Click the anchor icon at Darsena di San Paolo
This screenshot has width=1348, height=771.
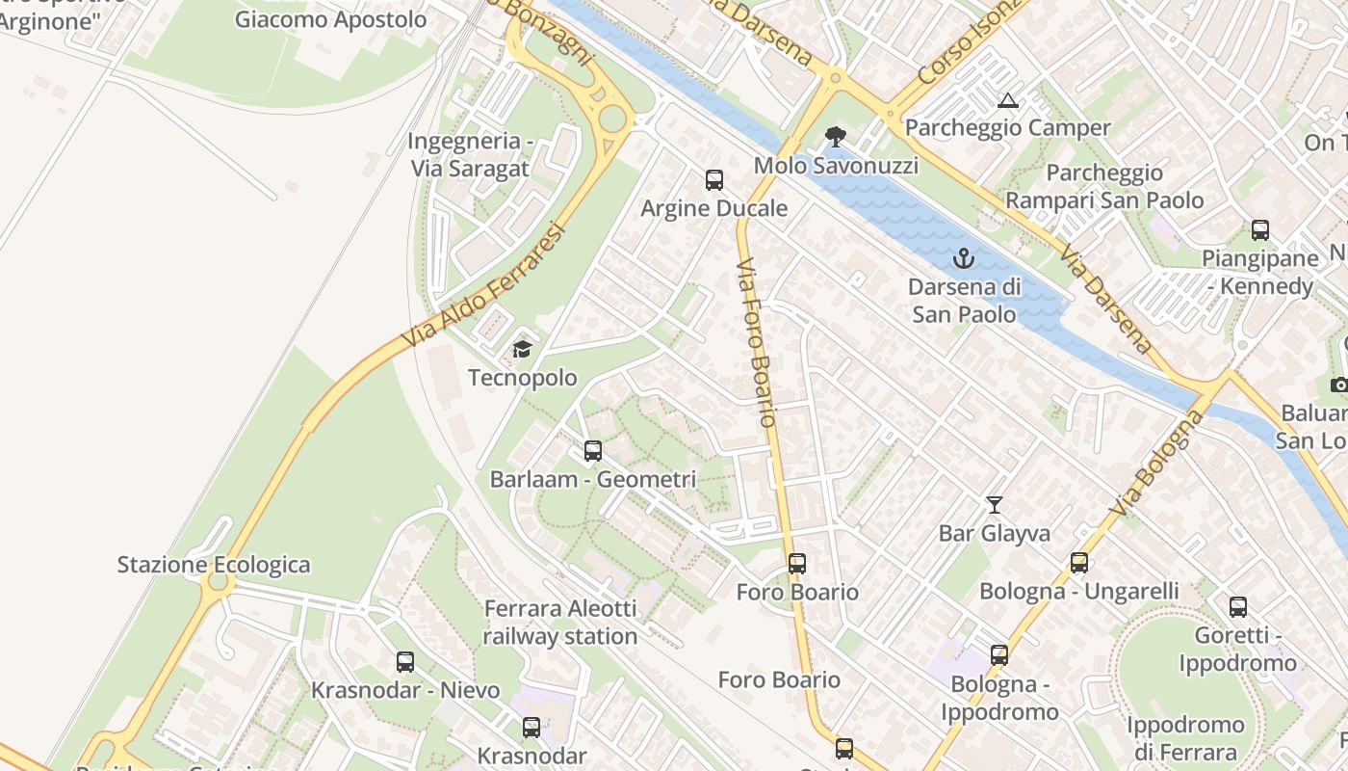coord(963,258)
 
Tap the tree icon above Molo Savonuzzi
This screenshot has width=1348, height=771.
coord(835,137)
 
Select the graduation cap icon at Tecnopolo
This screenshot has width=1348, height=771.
coord(522,349)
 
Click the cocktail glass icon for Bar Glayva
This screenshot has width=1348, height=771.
coord(994,504)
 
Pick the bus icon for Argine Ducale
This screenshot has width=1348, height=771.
coord(713,179)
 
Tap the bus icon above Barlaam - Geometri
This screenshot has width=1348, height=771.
coord(592,450)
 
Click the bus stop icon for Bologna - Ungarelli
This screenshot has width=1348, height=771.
coord(1078,562)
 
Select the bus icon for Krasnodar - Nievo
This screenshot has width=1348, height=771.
coord(404,661)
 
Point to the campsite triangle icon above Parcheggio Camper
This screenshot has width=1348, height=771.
coord(1007,99)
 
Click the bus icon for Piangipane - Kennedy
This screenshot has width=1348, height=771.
coord(1259,229)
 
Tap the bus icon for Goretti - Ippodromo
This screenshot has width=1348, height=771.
coord(1237,606)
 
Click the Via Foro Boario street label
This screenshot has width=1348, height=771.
coord(756,343)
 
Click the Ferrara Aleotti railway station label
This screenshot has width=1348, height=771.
coord(559,623)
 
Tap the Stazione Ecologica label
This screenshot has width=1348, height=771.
coord(214,565)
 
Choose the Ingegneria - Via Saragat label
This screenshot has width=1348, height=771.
coord(470,154)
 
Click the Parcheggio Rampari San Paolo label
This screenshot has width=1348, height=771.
coord(1104,186)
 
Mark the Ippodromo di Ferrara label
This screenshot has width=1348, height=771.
coord(1185,738)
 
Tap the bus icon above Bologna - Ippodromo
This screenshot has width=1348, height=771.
coord(998,655)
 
